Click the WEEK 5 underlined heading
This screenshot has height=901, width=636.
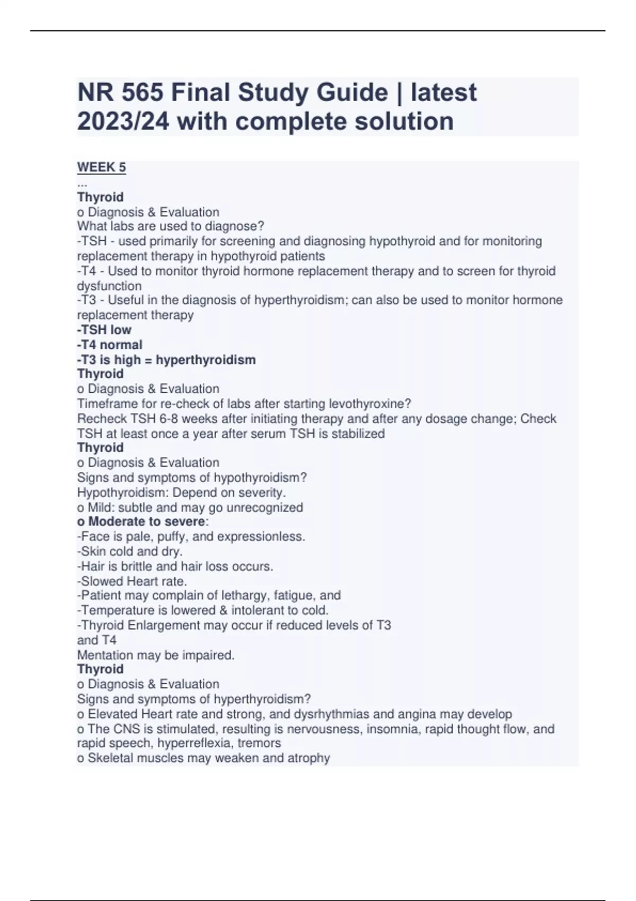[101, 167]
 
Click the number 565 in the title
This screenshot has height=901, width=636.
[142, 93]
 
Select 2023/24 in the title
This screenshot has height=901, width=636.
[123, 121]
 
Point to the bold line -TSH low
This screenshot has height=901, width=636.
[104, 330]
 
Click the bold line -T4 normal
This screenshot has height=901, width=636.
[110, 344]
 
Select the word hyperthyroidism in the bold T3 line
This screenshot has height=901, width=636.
[206, 360]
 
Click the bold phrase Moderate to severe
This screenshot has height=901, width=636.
[146, 522]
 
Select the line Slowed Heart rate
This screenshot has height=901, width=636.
[132, 581]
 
